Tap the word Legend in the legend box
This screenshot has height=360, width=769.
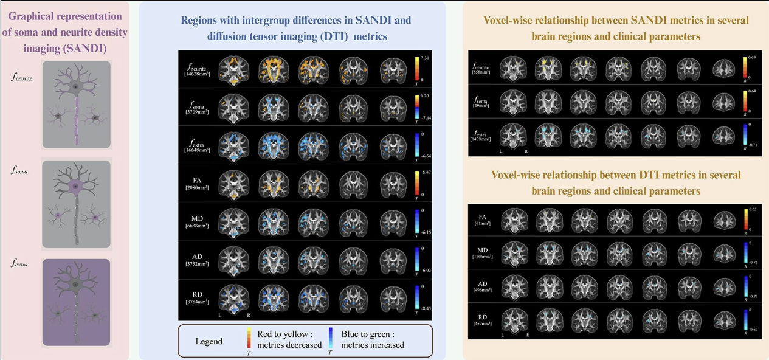210,341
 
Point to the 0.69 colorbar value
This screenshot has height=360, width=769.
751,57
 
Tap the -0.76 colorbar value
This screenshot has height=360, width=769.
752,263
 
